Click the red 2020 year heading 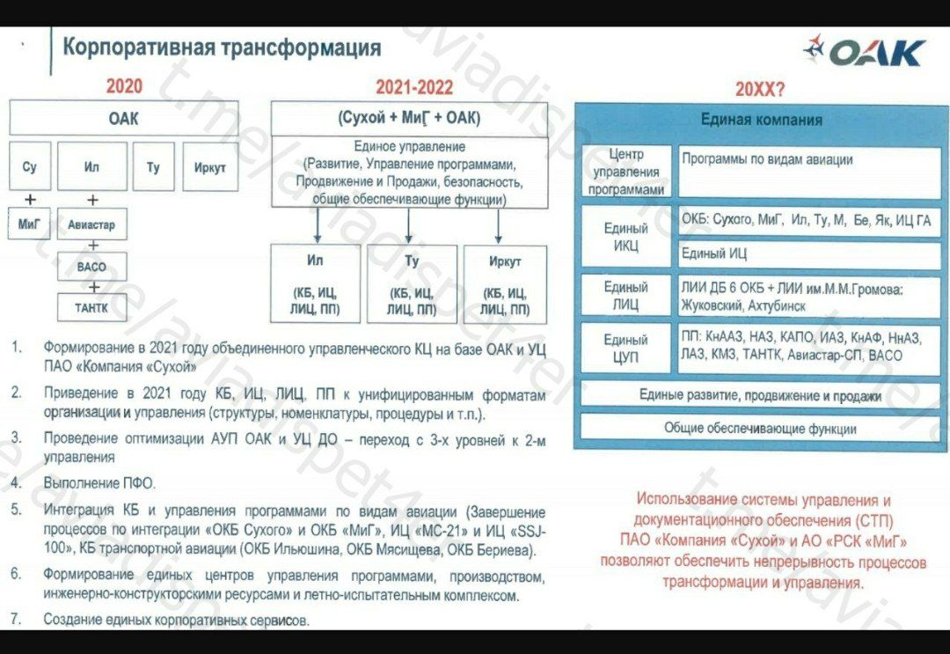[124, 86]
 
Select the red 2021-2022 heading [414, 87]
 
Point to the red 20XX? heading [760, 90]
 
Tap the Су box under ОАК [30, 166]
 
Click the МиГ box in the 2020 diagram [29, 224]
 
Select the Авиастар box [92, 224]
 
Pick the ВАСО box [92, 267]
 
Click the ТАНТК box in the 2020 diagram [92, 307]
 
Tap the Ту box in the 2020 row [153, 166]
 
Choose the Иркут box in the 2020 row [210, 166]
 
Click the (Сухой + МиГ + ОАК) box [410, 118]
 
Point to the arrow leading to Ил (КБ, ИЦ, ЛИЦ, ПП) [318, 225]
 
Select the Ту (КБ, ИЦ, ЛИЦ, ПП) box [412, 284]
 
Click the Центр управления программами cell [626, 172]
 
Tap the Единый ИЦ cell [809, 254]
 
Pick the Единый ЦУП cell [626, 348]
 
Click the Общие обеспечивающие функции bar [760, 428]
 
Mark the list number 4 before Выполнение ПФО [17, 483]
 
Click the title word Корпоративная [139, 48]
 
